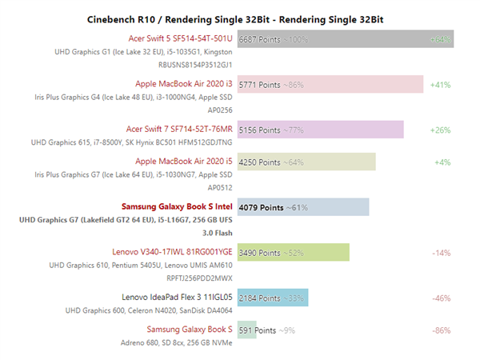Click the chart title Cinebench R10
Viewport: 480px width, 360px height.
pyautogui.click(x=239, y=18)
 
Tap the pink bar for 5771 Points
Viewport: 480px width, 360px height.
pyautogui.click(x=330, y=83)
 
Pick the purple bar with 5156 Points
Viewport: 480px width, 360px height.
pyautogui.click(x=320, y=129)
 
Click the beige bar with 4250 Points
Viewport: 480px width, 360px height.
pyautogui.click(x=306, y=162)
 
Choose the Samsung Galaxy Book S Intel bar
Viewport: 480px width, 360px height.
pyautogui.click(x=303, y=207)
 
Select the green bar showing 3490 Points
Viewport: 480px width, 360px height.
pyautogui.click(x=294, y=253)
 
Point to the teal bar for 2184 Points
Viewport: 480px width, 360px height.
pyautogui.click(x=273, y=298)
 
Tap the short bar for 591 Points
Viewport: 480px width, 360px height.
pyautogui.click(x=247, y=330)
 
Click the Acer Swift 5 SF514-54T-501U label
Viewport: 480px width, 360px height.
pyautogui.click(x=180, y=38)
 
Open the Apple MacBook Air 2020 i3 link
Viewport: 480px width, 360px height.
pyautogui.click(x=185, y=82)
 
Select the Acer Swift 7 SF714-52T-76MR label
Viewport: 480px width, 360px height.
pyautogui.click(x=179, y=128)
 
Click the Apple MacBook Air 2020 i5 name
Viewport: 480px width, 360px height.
pyautogui.click(x=185, y=162)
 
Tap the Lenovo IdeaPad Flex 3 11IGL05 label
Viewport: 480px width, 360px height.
pyautogui.click(x=177, y=297)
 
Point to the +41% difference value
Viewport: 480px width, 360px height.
pyautogui.click(x=441, y=83)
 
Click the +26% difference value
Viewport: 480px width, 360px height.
pyautogui.click(x=441, y=129)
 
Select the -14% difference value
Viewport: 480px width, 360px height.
pyautogui.click(x=442, y=253)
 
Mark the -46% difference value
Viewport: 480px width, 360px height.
pyautogui.click(x=442, y=298)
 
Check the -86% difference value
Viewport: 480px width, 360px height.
pyautogui.click(x=442, y=330)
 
